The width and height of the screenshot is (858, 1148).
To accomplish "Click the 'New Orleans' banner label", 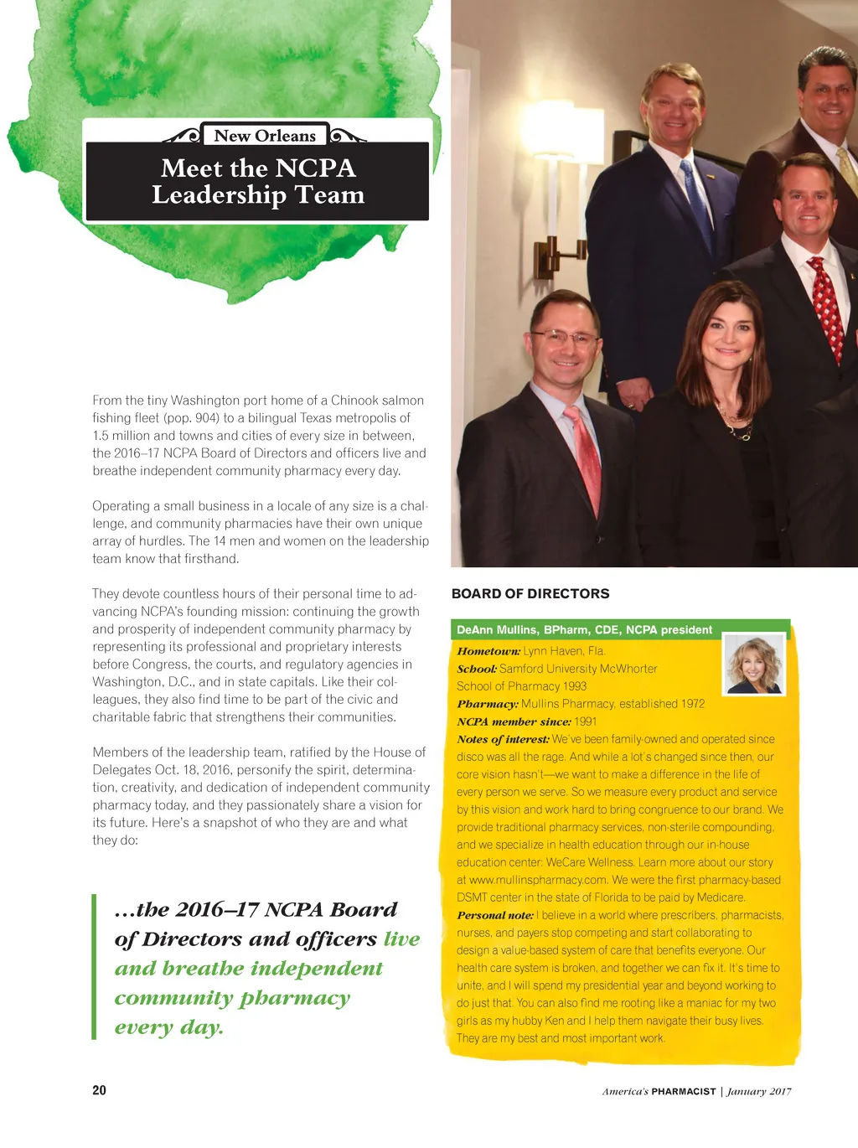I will click(x=265, y=136).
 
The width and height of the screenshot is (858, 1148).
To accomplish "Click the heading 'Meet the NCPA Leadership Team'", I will click(x=258, y=182).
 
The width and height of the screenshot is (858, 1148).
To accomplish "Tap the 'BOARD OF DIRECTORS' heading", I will click(x=530, y=593).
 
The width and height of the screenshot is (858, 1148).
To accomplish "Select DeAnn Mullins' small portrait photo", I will click(x=754, y=664).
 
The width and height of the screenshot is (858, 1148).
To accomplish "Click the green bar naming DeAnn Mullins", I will click(x=585, y=629).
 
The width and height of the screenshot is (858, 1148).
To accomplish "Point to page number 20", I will click(x=99, y=1090).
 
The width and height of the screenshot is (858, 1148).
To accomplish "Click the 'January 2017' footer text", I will click(x=759, y=1091).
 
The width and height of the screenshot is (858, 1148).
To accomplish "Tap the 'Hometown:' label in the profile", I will click(x=488, y=651).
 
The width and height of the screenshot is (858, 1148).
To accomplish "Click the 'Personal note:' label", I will click(x=495, y=915).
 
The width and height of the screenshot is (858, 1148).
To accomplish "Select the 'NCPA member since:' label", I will click(x=514, y=721).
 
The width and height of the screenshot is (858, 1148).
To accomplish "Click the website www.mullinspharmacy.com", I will click(x=537, y=880).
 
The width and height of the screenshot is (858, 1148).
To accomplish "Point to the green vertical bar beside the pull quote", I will click(x=95, y=966).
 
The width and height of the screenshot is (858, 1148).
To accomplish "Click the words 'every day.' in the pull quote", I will click(x=169, y=1027).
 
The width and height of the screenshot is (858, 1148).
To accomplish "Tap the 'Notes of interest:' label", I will click(x=503, y=739).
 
